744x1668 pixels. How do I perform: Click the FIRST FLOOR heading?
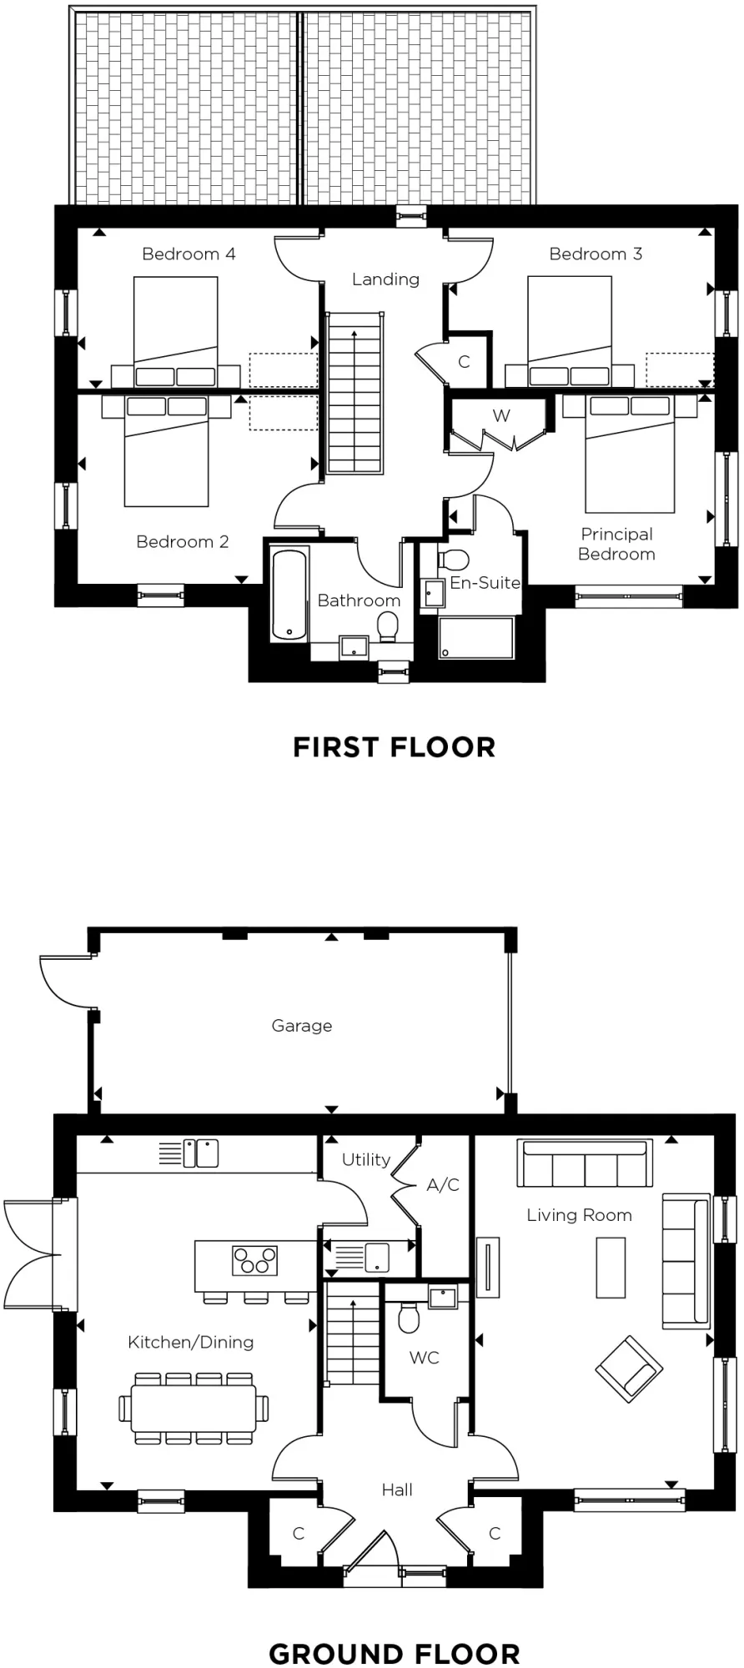click(394, 747)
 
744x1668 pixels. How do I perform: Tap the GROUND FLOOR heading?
click(394, 1653)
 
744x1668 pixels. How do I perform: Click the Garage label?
click(302, 1026)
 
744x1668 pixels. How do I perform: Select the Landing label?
click(385, 279)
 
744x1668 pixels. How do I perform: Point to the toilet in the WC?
click(409, 1319)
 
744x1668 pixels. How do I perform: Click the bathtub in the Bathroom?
click(289, 594)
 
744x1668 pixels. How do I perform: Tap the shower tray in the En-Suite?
click(476, 638)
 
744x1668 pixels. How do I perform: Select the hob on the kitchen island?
click(254, 1260)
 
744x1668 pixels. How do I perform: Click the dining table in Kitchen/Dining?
click(194, 1409)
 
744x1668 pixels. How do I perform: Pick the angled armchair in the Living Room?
click(629, 1369)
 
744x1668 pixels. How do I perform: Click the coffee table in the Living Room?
click(611, 1268)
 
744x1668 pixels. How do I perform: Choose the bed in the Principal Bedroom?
click(630, 455)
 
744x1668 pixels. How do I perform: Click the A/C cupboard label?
click(443, 1185)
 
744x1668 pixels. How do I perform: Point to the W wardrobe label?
click(501, 416)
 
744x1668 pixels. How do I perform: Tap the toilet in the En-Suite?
click(455, 559)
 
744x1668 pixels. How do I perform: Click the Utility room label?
click(366, 1159)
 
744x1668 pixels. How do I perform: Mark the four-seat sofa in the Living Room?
click(584, 1163)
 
